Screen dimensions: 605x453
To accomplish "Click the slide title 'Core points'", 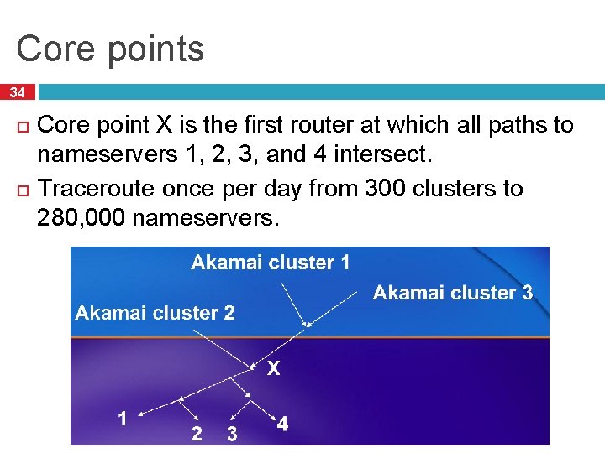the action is point(110,49).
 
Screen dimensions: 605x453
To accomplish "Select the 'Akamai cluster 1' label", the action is point(271,263).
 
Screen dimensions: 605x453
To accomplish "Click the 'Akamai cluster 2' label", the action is point(155,313).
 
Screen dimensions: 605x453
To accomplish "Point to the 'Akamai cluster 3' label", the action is point(452,293).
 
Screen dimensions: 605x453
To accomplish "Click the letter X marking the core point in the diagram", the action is point(273,368).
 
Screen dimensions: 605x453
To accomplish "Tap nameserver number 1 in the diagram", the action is point(123,419).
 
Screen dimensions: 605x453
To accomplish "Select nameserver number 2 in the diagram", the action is point(197,434).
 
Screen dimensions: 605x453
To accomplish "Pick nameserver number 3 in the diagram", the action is point(232,434).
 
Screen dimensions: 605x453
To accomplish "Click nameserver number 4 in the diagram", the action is point(282,424).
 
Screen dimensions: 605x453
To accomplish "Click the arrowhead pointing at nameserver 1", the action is point(139,414).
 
